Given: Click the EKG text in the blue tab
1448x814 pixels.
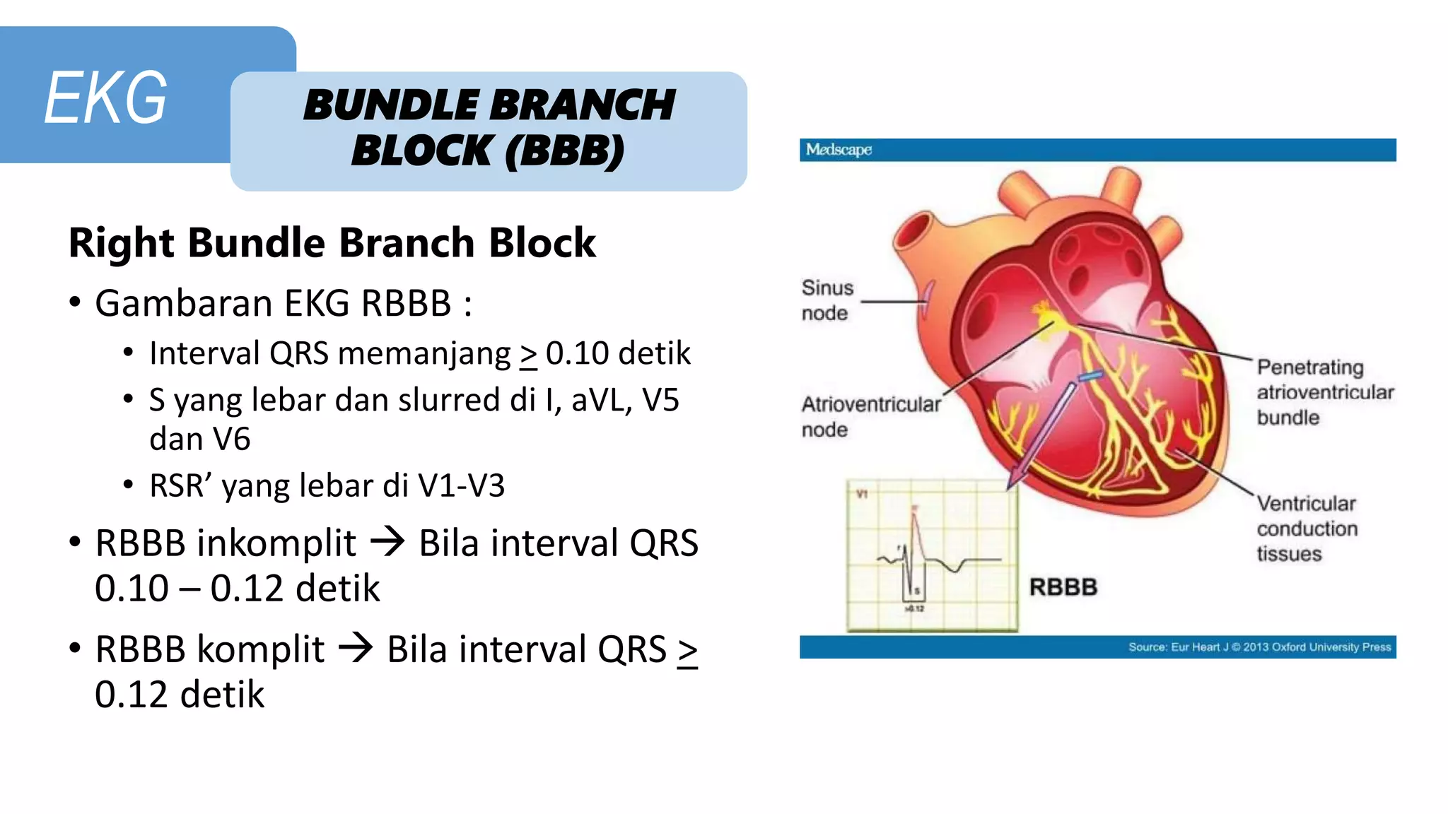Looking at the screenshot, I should coord(106,98).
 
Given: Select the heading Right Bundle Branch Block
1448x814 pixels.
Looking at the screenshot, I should coord(332,243).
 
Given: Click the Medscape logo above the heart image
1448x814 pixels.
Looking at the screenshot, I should coord(839,150).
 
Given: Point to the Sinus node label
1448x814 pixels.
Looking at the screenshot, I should coord(827,300).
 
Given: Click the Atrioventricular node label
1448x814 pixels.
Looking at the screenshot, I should coord(870,416).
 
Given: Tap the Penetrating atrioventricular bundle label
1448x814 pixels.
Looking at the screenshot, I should coord(1324,392).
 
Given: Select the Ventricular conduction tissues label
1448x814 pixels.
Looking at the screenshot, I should coord(1307,529).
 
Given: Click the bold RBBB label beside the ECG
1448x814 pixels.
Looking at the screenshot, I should coord(1063,587).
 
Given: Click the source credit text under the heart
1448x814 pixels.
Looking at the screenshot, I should coord(1259,647).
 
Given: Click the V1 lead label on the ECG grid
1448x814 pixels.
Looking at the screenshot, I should coord(862,494).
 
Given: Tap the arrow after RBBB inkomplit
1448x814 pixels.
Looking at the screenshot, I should coord(387,543).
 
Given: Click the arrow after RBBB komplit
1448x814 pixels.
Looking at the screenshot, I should coord(356,648).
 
